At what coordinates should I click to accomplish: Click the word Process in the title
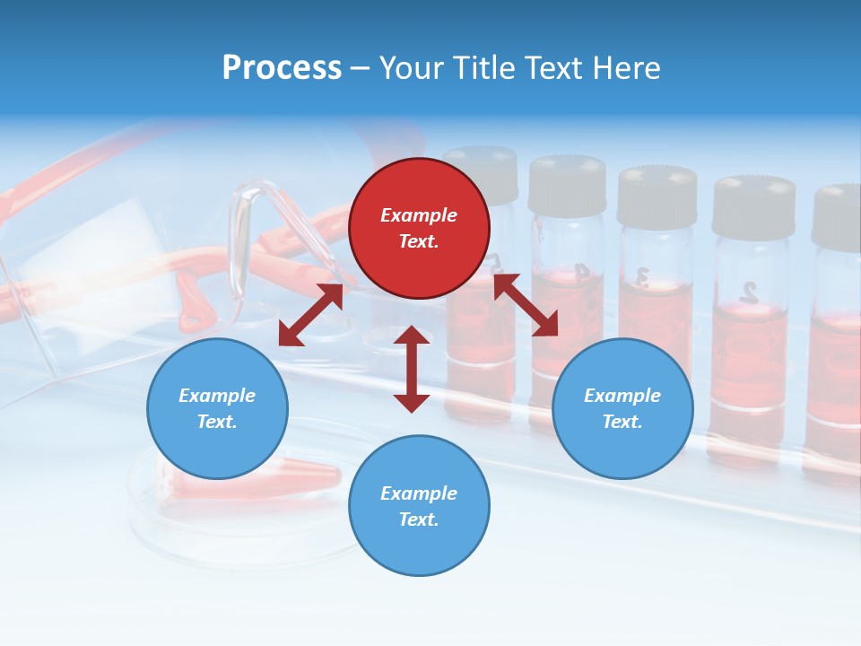[282, 68]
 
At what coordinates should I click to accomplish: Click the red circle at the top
[419, 228]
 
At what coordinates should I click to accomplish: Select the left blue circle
[217, 408]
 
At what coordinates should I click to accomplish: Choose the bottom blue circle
[419, 506]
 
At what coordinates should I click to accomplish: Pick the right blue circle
[622, 408]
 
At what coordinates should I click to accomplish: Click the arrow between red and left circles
[310, 315]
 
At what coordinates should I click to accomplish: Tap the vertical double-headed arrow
[412, 369]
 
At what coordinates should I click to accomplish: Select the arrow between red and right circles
[526, 305]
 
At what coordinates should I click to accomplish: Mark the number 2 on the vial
[748, 291]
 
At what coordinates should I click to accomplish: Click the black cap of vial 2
[753, 206]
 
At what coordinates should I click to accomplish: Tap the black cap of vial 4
[567, 185]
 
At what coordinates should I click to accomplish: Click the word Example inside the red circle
[419, 215]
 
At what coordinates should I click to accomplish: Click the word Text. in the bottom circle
[419, 519]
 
